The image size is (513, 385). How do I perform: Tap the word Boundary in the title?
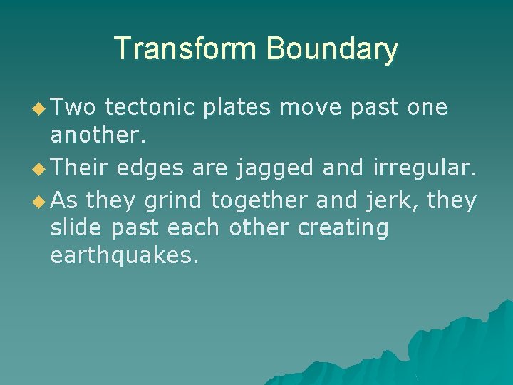[331, 49]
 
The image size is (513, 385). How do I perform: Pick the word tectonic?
[149, 108]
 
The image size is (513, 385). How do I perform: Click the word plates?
[237, 108]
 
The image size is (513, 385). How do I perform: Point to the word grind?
[173, 202]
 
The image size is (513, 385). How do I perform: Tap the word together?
[259, 202]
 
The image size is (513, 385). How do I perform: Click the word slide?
[78, 228]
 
